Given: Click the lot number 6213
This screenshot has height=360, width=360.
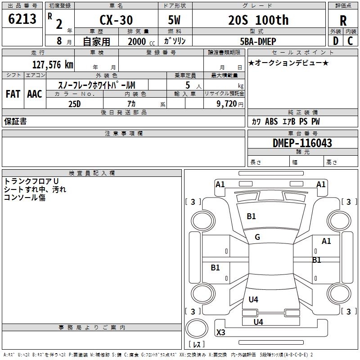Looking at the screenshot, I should point(22,19).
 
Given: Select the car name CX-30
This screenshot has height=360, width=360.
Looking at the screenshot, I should point(116,20).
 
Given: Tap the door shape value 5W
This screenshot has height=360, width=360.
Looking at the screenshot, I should point(175,20).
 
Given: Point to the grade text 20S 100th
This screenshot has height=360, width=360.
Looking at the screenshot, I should point(258,20).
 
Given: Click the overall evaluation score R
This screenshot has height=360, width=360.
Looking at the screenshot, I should point(343,21).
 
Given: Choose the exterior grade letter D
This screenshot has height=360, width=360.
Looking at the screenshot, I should point(335,41).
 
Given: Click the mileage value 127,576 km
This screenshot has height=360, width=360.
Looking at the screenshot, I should point(53,64).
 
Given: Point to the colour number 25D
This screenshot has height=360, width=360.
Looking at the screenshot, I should point(74,103).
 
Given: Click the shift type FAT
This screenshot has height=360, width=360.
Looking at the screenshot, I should point(13,94).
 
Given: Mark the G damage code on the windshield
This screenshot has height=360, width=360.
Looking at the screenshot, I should point(257,237).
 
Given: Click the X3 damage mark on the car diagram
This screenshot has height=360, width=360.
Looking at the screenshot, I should point(220,333).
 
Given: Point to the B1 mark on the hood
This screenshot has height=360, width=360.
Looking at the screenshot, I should point(251,216).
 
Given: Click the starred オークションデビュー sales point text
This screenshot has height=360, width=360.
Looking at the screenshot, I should point(288,63).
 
